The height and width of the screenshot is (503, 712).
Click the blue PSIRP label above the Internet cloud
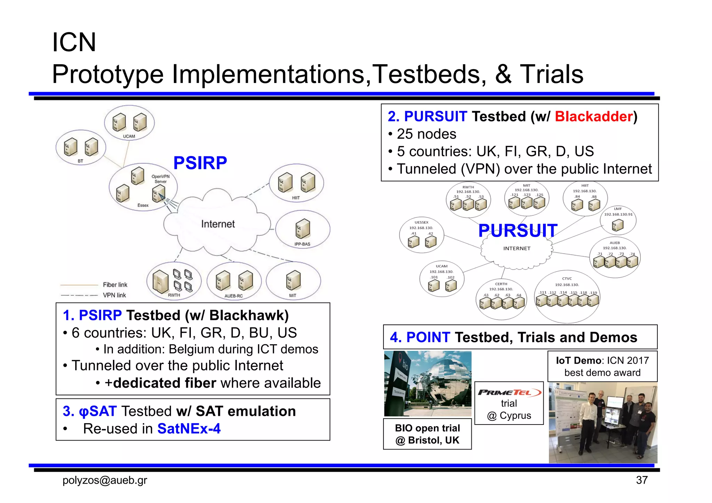(x=200, y=163)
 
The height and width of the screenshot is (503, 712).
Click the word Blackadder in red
(x=593, y=116)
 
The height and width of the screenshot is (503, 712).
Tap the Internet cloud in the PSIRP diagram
(x=218, y=224)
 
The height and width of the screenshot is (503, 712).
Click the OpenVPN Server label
(x=160, y=179)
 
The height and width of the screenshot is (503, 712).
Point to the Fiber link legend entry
(x=115, y=285)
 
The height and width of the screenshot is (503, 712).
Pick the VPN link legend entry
(x=114, y=295)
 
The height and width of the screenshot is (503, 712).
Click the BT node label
(x=80, y=161)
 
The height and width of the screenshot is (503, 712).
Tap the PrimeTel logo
(x=509, y=393)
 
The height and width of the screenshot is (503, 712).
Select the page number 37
(x=642, y=480)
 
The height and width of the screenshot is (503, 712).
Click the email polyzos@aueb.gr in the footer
(x=105, y=480)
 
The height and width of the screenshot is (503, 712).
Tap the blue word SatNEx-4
(x=189, y=429)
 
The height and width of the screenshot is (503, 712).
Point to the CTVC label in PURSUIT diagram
(x=567, y=279)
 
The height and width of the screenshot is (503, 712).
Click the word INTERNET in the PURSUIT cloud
(x=517, y=248)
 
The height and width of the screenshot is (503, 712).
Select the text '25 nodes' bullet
(x=426, y=134)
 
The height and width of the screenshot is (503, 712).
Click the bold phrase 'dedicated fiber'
(x=164, y=383)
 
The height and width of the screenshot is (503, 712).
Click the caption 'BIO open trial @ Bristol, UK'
(x=427, y=434)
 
